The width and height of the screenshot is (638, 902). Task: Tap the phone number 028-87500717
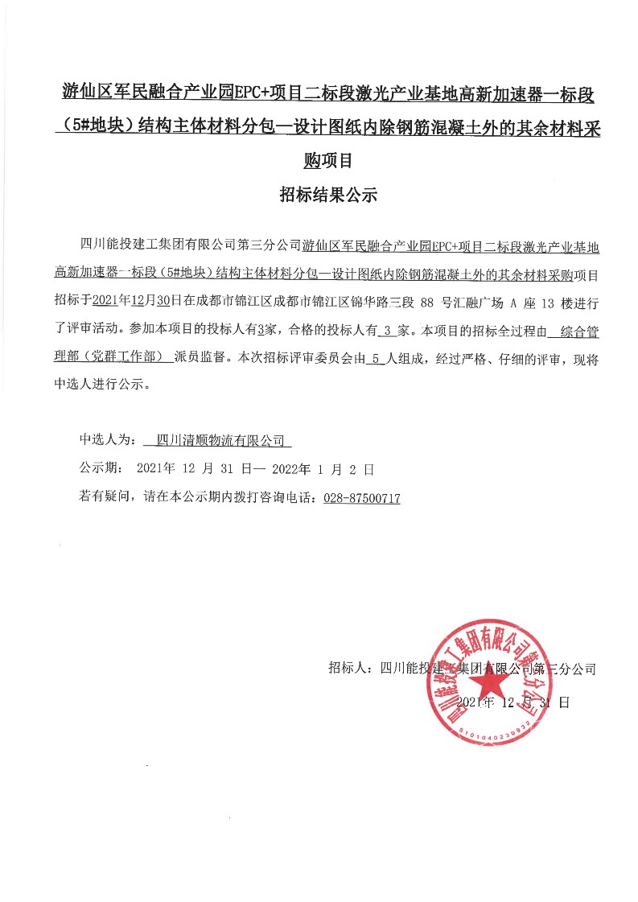click(x=361, y=498)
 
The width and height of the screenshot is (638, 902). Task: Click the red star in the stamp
click(x=486, y=685)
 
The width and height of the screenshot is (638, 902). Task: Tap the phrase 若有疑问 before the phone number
click(x=105, y=498)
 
